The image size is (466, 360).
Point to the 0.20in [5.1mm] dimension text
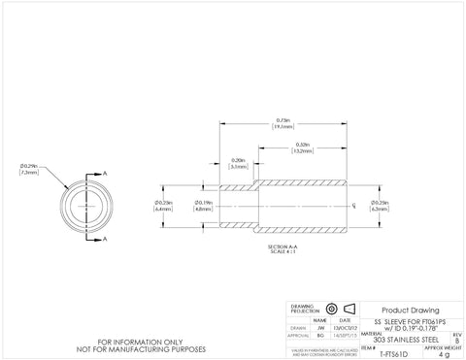(x=238, y=163)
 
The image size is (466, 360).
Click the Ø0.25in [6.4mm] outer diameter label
(x=163, y=206)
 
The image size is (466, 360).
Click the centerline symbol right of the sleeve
(x=353, y=206)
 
